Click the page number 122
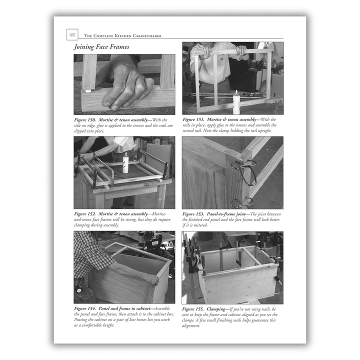tap(72, 35)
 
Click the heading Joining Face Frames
tap(101, 47)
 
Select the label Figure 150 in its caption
tap(85, 120)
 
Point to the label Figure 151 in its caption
tap(194, 120)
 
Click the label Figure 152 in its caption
tap(85, 214)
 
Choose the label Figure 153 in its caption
tap(194, 214)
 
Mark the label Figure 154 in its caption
tap(85, 308)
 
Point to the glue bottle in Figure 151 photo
tap(236, 102)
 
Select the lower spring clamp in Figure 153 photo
tap(241, 202)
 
